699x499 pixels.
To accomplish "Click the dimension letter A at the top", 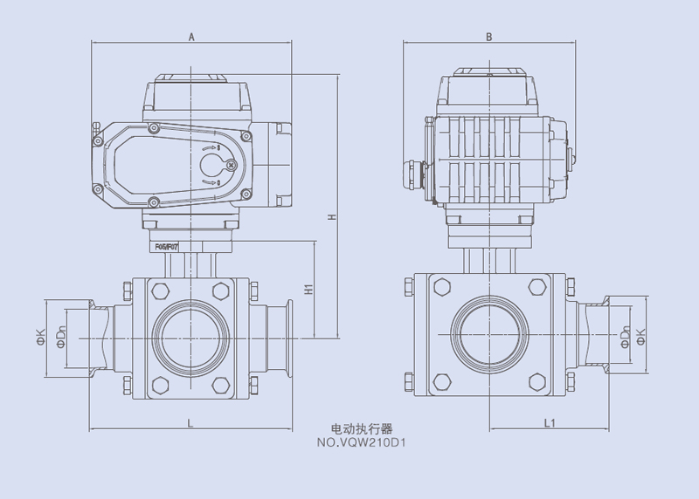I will click(190, 36).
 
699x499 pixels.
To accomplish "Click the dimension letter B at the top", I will click(489, 36).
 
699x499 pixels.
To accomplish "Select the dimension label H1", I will click(308, 289).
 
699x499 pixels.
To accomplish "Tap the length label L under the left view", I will click(190, 422).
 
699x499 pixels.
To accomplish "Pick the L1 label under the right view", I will click(549, 422).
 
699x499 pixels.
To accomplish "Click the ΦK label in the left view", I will click(40, 336).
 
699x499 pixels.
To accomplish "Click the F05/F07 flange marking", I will click(167, 248).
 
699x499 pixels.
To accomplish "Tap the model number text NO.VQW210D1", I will click(363, 441).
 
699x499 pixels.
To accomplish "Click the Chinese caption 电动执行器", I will click(363, 429).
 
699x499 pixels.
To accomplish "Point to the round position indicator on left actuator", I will click(212, 165).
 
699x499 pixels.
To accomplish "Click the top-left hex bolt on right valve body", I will click(440, 288).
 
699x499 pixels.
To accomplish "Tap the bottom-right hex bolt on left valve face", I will click(220, 384).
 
